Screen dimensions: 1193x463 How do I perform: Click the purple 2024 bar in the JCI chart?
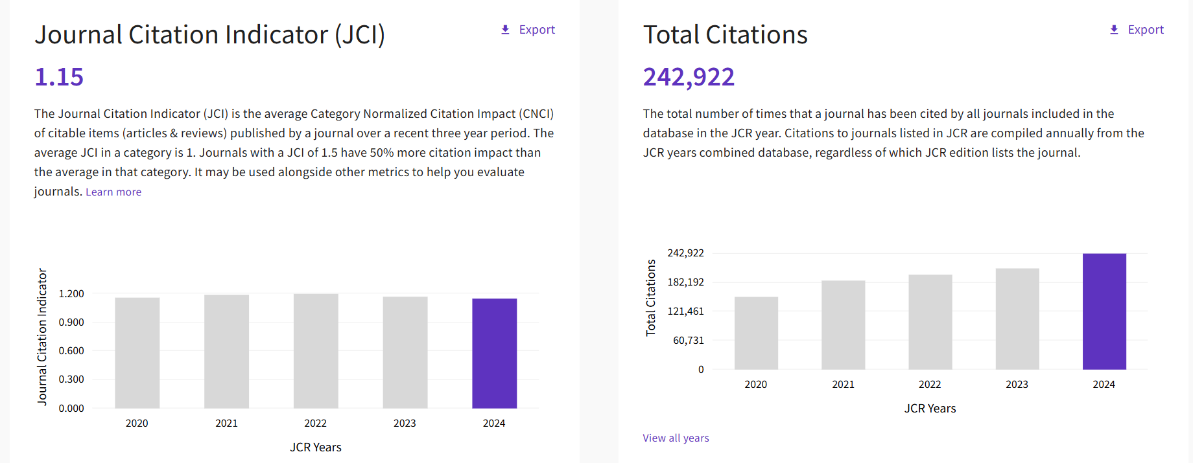click(494, 354)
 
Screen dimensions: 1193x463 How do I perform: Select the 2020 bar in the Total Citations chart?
click(756, 333)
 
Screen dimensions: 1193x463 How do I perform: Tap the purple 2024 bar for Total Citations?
click(1104, 311)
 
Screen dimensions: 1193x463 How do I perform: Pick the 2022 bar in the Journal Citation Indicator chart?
click(316, 351)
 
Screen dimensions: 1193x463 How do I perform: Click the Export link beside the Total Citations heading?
click(1146, 30)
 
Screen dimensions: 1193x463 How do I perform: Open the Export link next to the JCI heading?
click(537, 30)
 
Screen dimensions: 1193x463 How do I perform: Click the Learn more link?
click(113, 192)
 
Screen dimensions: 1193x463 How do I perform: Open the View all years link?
click(676, 438)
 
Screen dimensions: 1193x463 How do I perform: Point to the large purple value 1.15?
click(59, 77)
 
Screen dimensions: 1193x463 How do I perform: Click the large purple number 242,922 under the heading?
click(689, 77)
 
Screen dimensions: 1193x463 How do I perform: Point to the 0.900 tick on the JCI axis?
click(71, 322)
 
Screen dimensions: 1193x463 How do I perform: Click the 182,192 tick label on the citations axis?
click(686, 282)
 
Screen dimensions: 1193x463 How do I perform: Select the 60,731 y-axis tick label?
click(689, 341)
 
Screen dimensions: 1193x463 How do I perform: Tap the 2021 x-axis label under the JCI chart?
click(226, 423)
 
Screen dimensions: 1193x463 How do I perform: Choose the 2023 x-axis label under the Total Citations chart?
click(1017, 385)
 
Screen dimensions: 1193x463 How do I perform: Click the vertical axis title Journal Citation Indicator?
click(42, 337)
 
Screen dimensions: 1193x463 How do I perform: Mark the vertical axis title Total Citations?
click(650, 298)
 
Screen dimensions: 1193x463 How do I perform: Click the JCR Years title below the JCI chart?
click(316, 447)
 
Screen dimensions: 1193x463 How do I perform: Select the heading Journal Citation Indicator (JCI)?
click(209, 35)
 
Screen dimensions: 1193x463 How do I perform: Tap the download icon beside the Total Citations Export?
click(1114, 30)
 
